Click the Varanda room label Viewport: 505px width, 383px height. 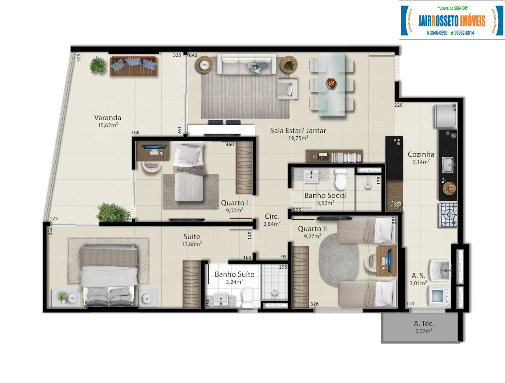[108, 117]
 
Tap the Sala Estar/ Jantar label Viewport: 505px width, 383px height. [298, 130]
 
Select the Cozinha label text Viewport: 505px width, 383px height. [421, 154]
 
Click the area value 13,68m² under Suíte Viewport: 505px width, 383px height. [192, 244]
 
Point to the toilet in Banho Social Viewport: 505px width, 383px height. [340, 180]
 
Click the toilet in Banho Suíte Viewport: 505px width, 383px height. [248, 297]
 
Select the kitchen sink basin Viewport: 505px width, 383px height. [447, 165]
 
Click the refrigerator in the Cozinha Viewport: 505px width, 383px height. [445, 117]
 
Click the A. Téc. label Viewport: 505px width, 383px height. [424, 324]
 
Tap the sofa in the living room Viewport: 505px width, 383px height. [247, 64]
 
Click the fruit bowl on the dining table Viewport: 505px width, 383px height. [331, 84]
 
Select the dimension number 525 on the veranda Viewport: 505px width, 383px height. [79, 58]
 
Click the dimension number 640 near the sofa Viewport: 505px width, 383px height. [193, 55]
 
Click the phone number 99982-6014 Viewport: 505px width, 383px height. [464, 33]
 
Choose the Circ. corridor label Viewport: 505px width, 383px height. [271, 216]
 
